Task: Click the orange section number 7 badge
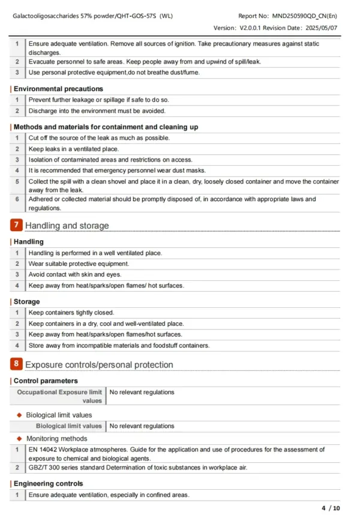(17, 226)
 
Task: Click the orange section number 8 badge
(17, 364)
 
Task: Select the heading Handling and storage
(67, 226)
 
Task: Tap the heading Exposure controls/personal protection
(99, 364)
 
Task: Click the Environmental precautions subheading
(58, 89)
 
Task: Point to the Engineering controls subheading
(48, 483)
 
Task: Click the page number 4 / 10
(331, 508)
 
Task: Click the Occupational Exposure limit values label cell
(59, 396)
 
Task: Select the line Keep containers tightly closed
(71, 313)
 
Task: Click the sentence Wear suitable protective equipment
(79, 264)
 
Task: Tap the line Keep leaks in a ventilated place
(74, 149)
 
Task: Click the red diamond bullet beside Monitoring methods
(19, 439)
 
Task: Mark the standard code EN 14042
(43, 450)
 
